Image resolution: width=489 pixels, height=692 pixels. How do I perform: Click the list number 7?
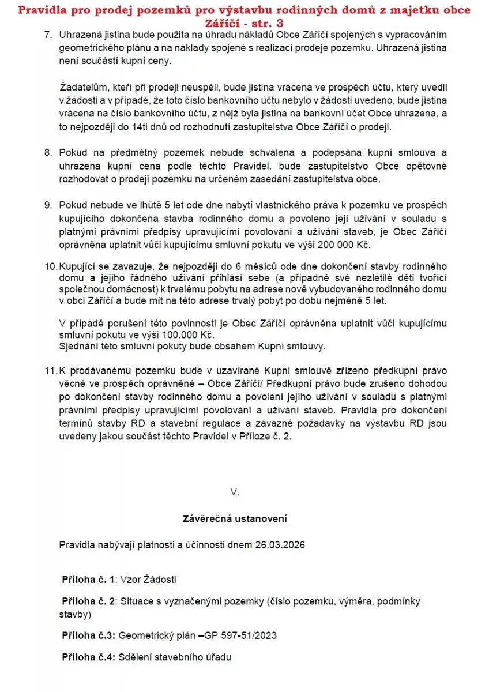[48, 35]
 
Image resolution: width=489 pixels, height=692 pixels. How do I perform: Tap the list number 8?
[48, 153]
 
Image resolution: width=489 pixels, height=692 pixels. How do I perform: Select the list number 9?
[48, 205]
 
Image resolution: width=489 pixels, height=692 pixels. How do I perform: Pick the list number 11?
[51, 370]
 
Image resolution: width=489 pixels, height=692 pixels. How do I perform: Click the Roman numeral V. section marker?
[234, 492]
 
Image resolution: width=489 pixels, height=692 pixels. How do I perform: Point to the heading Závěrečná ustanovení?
[235, 519]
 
